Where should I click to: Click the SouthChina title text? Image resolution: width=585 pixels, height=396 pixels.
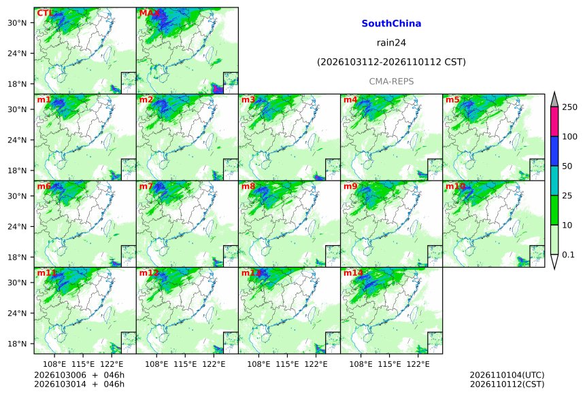391,24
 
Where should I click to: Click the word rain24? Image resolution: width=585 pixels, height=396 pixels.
391,43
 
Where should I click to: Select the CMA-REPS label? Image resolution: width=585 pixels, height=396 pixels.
391,82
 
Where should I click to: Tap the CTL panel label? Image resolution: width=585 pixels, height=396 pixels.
44,14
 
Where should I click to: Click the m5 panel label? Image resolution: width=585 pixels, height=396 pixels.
452,100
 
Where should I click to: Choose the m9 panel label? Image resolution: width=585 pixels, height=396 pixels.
350,186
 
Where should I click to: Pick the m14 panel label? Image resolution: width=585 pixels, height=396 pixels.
353,273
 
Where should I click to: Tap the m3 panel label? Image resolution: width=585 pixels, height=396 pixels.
248,100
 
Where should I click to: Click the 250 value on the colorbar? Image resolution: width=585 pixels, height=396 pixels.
570,107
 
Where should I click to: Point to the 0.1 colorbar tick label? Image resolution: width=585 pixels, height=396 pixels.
568,255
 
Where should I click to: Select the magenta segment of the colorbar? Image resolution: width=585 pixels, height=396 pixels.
554,122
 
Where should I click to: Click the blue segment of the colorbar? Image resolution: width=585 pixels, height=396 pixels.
554,151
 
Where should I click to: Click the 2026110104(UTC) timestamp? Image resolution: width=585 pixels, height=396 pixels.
507,375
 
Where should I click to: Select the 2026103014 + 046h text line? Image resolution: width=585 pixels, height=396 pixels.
79,384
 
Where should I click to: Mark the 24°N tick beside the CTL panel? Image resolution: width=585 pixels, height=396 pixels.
17,53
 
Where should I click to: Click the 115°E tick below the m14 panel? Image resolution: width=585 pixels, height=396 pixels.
389,363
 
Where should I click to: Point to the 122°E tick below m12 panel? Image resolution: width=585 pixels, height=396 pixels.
214,363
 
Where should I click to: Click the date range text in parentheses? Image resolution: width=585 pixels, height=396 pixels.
391,62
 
